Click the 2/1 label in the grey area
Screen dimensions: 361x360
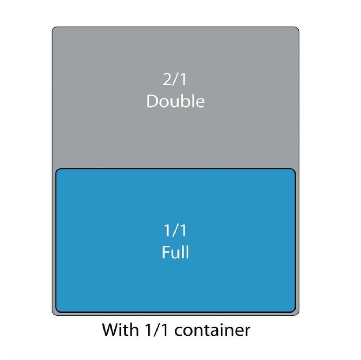point(175,80)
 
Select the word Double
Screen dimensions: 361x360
point(175,101)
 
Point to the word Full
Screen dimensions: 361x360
point(175,252)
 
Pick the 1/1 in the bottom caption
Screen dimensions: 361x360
point(155,330)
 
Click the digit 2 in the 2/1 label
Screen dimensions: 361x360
point(167,80)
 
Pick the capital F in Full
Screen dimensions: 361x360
point(165,252)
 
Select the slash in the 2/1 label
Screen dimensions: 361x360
point(175,80)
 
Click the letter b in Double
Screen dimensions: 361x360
point(185,101)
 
